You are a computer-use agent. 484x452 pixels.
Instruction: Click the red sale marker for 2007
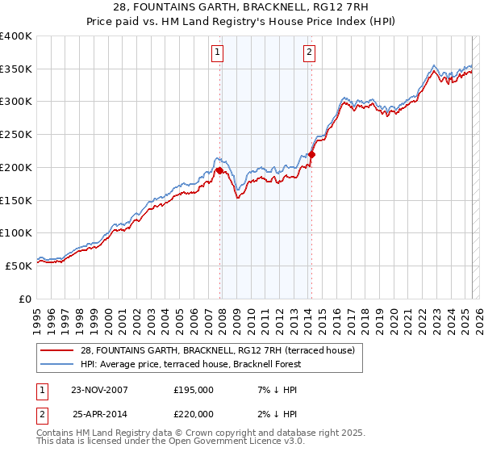click(219, 170)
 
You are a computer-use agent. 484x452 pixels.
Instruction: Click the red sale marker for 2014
click(311, 154)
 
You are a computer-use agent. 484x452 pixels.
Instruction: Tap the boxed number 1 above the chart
click(219, 53)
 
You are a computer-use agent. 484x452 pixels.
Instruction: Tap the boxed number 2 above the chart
click(310, 53)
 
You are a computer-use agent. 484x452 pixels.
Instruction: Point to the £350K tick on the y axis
click(16, 69)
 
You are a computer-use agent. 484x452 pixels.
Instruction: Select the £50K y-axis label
click(19, 266)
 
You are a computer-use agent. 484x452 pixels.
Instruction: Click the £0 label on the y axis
click(25, 299)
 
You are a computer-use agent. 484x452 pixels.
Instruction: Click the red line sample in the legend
click(56, 350)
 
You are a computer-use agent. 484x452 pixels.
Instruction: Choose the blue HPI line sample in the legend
click(56, 364)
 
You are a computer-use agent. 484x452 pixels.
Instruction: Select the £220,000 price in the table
click(194, 413)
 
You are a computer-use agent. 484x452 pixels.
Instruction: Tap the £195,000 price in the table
click(194, 390)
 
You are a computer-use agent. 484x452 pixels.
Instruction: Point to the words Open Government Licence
click(219, 442)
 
